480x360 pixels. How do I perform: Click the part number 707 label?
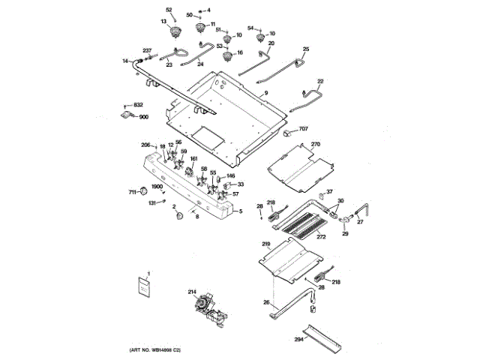point(303,130)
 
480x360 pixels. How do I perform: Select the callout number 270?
point(316,143)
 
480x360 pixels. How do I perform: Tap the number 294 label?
point(298,340)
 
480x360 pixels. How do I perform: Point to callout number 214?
point(192,292)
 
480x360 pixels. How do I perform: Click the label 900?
point(143,117)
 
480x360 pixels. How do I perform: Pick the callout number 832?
point(138,105)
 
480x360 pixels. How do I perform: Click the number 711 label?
point(131,193)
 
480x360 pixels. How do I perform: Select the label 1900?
point(157,187)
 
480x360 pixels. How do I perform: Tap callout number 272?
point(321,237)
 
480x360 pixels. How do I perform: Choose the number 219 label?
point(265,244)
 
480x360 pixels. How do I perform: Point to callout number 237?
point(147,50)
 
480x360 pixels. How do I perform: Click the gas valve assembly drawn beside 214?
point(205,308)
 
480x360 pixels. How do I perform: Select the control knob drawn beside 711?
point(142,192)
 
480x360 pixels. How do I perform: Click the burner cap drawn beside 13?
point(178,31)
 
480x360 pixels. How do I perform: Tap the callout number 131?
point(151,202)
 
